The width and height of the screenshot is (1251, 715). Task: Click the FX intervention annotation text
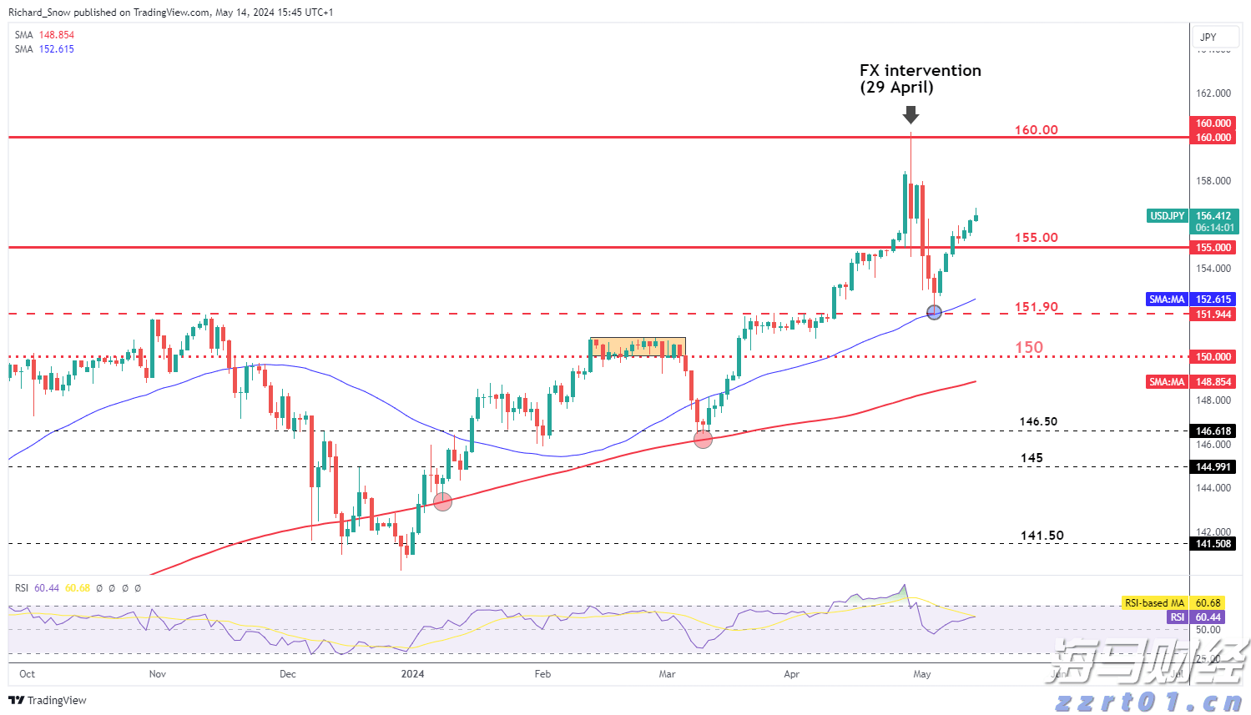(920, 78)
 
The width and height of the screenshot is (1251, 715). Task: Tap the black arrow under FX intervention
(911, 114)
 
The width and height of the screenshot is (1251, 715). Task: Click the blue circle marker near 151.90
(934, 312)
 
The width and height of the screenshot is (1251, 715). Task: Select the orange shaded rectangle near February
(638, 346)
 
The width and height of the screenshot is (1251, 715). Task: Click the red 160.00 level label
(1036, 130)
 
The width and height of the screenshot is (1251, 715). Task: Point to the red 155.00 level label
(1036, 238)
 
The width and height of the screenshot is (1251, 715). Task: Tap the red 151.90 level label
(1036, 307)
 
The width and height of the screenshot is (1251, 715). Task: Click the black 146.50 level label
(1038, 422)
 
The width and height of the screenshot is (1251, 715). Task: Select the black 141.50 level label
(1042, 536)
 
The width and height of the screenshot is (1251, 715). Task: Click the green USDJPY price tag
(1167, 216)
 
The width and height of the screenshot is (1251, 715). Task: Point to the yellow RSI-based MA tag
(1154, 603)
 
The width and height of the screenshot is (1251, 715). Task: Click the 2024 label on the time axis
(412, 674)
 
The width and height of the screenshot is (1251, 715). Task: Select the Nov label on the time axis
(157, 674)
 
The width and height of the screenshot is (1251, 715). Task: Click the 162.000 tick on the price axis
(1213, 93)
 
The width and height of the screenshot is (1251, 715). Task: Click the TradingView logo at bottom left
(48, 701)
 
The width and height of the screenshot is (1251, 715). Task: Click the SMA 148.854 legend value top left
(56, 35)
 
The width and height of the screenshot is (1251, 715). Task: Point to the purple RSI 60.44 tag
(1177, 617)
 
